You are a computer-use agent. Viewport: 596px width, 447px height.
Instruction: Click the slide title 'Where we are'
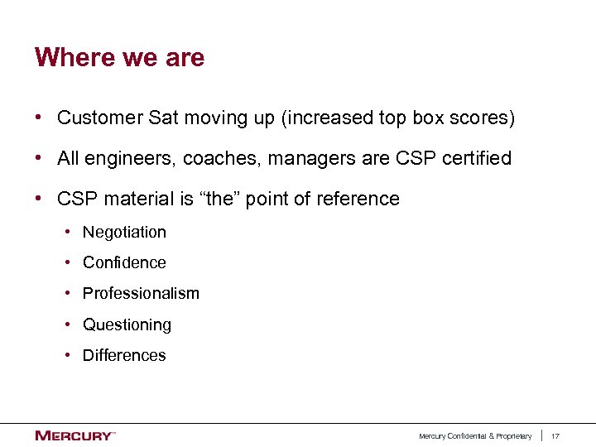pyautogui.click(x=119, y=58)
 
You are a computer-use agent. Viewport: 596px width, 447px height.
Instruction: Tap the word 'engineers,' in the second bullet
pyautogui.click(x=131, y=158)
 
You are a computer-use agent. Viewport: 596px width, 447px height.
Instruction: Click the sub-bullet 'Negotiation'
pyautogui.click(x=124, y=233)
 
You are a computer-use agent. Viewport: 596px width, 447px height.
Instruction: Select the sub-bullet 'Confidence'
pyautogui.click(x=124, y=263)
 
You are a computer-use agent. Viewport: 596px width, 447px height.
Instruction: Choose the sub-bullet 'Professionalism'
pyautogui.click(x=141, y=294)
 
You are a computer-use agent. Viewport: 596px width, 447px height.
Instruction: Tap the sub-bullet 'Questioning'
pyautogui.click(x=127, y=325)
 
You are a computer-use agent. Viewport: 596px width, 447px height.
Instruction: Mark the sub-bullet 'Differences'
pyautogui.click(x=124, y=356)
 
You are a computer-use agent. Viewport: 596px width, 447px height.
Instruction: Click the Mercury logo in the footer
pyautogui.click(x=74, y=435)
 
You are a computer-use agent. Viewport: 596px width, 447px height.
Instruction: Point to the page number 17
pyautogui.click(x=556, y=436)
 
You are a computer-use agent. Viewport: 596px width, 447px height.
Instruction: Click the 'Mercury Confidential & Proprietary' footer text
pyautogui.click(x=475, y=436)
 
